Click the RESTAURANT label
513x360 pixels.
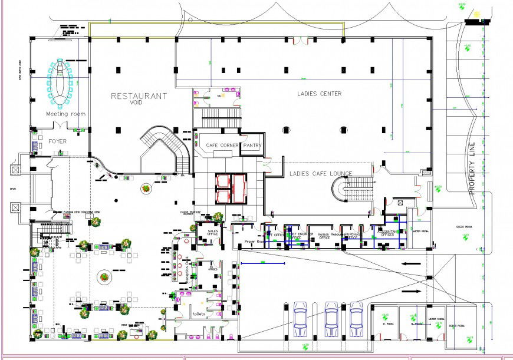(x=139, y=95)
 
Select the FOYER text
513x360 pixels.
(x=57, y=141)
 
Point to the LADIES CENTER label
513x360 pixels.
(x=319, y=94)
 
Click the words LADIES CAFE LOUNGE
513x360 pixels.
(x=320, y=173)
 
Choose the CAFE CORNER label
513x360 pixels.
(x=222, y=145)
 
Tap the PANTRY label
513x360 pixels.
(x=252, y=145)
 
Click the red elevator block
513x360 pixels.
(x=231, y=188)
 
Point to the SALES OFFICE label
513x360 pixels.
(x=213, y=233)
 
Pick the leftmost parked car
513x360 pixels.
(x=300, y=319)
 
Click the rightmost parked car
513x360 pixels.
(x=356, y=319)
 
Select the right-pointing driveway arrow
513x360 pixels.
(x=412, y=291)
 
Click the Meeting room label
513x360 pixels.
(x=65, y=114)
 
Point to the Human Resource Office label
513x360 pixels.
(x=331, y=236)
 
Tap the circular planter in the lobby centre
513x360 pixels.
(x=104, y=276)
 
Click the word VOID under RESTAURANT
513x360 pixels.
(x=137, y=103)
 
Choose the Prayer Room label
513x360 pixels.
(x=248, y=242)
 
